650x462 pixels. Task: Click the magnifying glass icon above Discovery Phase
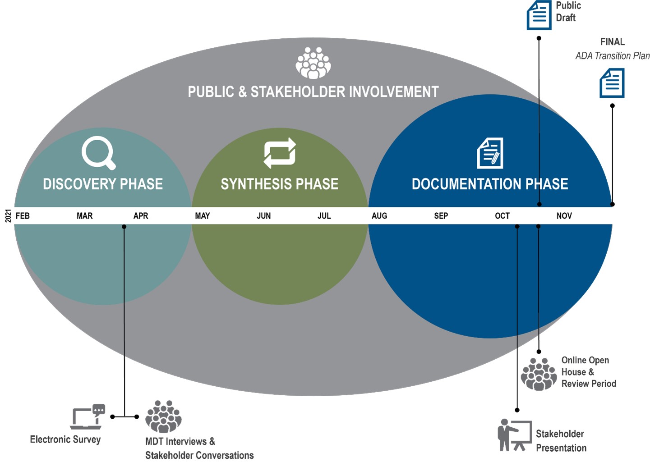pos(98,152)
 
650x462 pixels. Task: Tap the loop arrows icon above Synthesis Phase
pos(280,153)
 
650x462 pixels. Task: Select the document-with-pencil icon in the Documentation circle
pos(490,153)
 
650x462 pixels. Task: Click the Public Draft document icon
pos(539,15)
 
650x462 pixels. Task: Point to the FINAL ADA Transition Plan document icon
pos(612,83)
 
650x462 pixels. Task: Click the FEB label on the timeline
pos(23,216)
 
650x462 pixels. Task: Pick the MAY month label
pos(203,216)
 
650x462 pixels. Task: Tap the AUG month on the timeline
pos(379,216)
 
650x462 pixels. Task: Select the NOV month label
pos(564,216)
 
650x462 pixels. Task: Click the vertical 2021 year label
pos(8,216)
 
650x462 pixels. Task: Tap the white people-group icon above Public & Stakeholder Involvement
pos(313,63)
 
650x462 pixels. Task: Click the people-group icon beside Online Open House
pos(539,374)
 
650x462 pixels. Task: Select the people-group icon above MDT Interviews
pos(163,416)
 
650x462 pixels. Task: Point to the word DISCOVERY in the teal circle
pos(79,184)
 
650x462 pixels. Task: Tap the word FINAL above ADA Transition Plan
pos(612,42)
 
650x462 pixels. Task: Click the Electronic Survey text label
pos(65,439)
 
